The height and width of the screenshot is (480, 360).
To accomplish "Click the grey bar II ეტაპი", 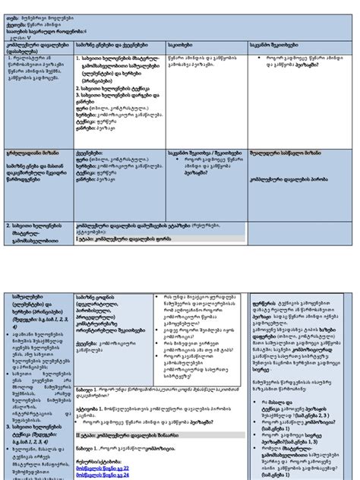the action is (114, 434).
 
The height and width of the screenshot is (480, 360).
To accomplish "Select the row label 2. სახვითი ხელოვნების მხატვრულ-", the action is (38, 226).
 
